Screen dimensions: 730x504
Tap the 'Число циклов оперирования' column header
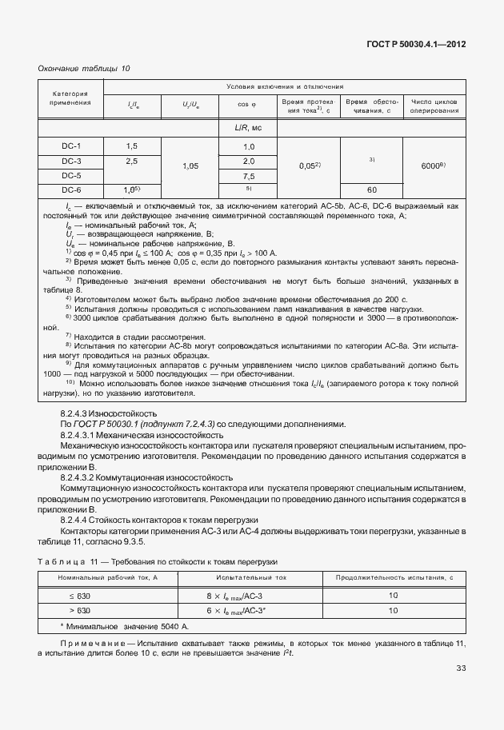tap(434, 106)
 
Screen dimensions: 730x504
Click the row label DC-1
tap(71, 146)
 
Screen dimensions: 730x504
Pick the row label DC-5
tap(71, 175)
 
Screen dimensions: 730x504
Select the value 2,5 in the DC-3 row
tap(132, 161)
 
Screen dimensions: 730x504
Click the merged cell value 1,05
tap(190, 167)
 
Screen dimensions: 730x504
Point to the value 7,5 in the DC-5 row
tap(248, 175)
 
